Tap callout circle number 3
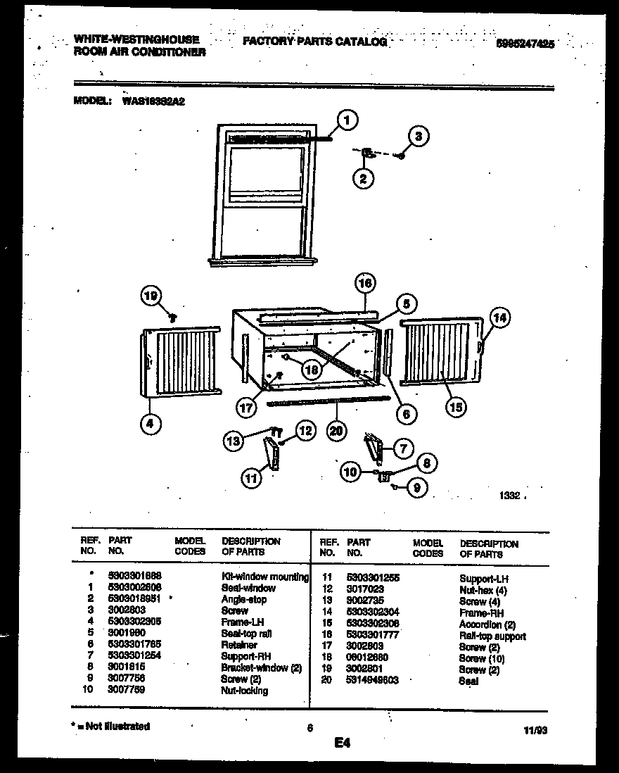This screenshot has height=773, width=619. [418, 137]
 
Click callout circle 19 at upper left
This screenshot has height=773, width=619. [151, 297]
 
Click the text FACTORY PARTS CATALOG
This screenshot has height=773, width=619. [314, 42]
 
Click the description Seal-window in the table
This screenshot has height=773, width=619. [248, 588]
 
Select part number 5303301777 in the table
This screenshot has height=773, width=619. [373, 636]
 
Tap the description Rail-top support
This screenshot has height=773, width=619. [492, 636]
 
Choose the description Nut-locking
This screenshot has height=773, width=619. [244, 691]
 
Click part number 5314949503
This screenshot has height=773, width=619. [373, 681]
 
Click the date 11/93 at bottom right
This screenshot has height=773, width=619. [536, 731]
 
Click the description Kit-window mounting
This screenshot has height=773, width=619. [265, 577]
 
